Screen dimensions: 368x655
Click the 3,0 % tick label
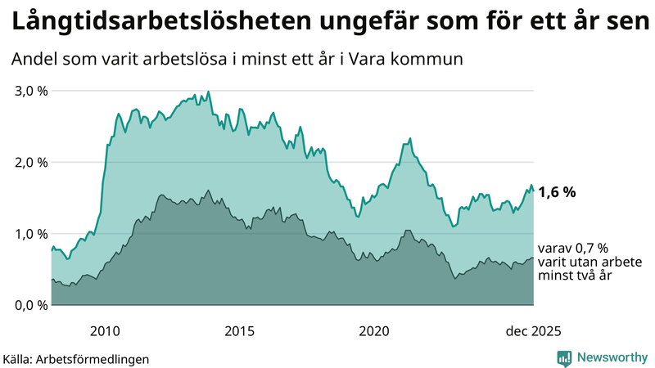tap(30, 90)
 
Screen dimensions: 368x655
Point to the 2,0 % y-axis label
tap(30, 162)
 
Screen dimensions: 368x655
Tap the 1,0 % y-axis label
tap(30, 233)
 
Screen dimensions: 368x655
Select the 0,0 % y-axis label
tap(30, 305)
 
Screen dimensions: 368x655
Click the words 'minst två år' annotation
tap(576, 276)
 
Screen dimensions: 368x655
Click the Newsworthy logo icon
tap(564, 357)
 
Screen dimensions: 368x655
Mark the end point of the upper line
tap(533, 191)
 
